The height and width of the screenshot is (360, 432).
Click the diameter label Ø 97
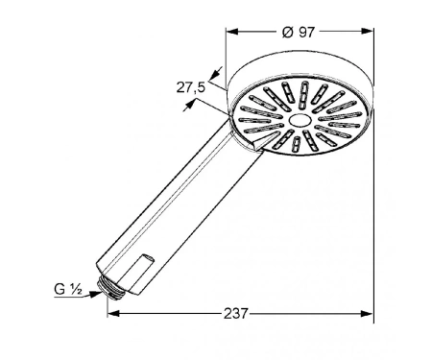point(299,32)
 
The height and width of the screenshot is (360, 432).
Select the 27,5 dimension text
point(191,87)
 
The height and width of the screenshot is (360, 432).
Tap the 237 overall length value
point(236,314)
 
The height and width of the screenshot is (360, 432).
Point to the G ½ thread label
point(68,289)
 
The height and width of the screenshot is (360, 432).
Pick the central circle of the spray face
point(300,120)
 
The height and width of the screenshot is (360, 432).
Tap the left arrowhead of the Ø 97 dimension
point(232,32)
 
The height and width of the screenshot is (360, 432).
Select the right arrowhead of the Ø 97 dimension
point(367,31)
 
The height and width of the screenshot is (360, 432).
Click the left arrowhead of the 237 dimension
point(113,313)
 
